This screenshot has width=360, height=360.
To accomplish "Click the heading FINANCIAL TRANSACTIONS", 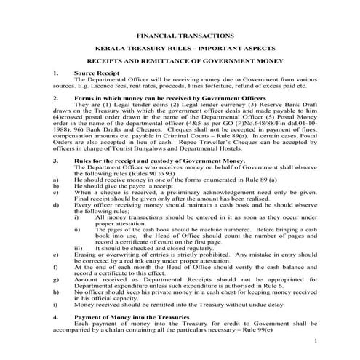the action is pyautogui.click(x=180, y=35).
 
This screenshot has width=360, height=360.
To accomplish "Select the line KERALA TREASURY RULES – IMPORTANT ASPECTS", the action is pyautogui.click(x=180, y=48).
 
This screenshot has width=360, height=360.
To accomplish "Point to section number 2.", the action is pyautogui.click(x=56, y=96).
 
